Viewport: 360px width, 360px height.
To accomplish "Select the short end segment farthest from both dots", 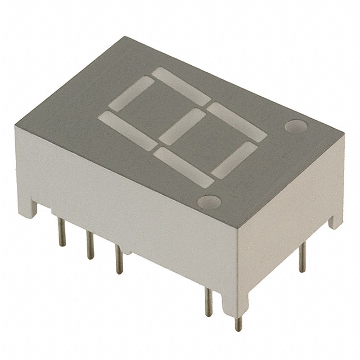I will [131, 93].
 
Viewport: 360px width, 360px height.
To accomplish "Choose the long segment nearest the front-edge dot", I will [183, 166].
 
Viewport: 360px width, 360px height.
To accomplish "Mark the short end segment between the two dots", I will [234, 160].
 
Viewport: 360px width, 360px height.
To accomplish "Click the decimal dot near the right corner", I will [295, 127].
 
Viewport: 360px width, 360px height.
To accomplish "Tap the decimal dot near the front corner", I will [210, 201].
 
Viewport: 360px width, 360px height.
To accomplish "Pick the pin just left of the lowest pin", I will [209, 303].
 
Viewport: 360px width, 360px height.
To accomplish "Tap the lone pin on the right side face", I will [302, 256].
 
